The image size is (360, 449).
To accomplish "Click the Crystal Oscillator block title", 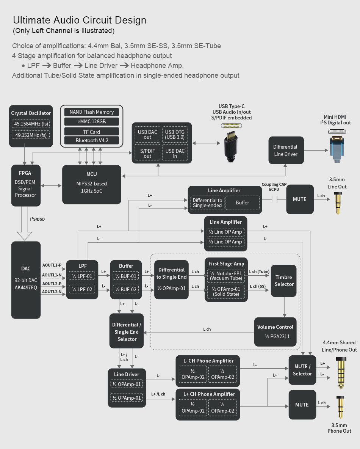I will point(31,113).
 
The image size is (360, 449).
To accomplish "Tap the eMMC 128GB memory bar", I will point(92,121).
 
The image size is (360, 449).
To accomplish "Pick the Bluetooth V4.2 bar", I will point(92,140).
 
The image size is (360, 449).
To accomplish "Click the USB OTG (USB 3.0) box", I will point(175,134).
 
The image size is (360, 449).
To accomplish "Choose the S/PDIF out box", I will point(147,153).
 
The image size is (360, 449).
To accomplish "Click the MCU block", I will point(91,184).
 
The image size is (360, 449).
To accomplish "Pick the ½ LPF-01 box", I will point(83,276).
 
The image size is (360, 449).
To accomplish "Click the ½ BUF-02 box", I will point(126,290).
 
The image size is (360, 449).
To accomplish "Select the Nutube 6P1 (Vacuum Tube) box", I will point(226,276).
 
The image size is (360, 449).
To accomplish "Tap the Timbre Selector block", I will point(284,281).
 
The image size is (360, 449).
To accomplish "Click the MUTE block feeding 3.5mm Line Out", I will point(299,199).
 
